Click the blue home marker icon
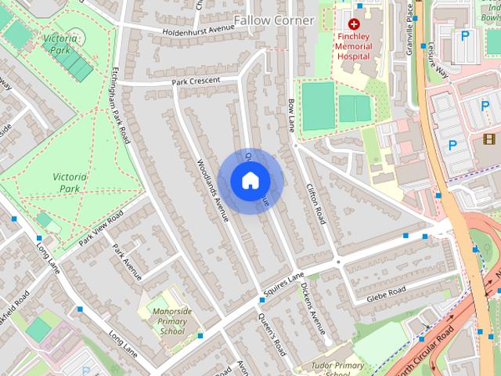[250, 181]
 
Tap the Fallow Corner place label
[274, 20]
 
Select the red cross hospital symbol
[354, 24]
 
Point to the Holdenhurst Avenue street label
[199, 31]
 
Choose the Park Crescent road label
[192, 81]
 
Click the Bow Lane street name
[292, 114]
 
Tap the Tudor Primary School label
[338, 369]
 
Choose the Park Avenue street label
[127, 262]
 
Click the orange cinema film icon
[490, 139]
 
